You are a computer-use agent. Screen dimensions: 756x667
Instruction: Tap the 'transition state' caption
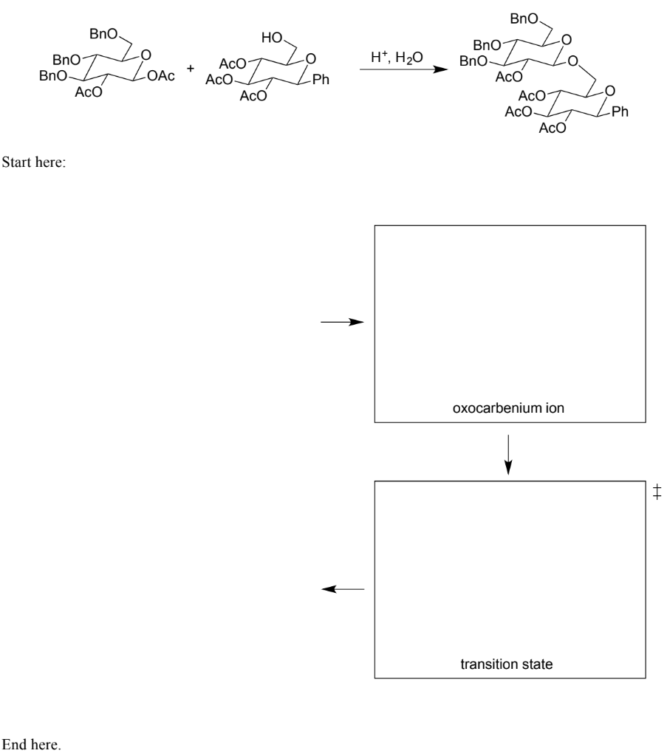[x=507, y=664]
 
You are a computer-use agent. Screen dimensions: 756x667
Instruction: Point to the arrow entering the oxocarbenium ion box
[x=343, y=323]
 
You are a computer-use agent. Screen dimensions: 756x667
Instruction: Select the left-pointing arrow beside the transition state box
[x=344, y=588]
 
